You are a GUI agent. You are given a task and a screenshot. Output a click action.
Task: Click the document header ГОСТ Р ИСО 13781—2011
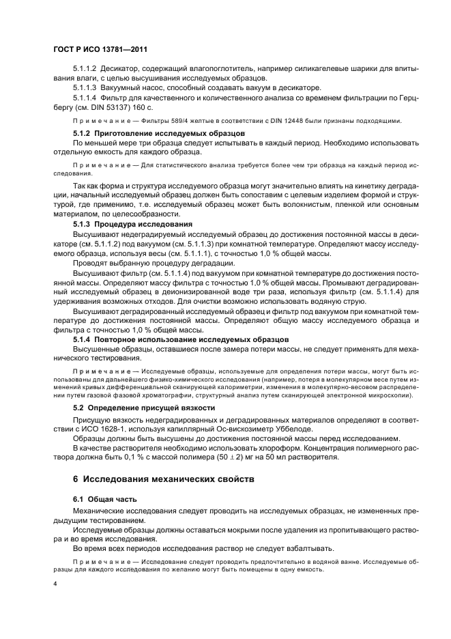(100, 51)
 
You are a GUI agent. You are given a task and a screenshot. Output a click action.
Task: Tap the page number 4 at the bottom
(55, 584)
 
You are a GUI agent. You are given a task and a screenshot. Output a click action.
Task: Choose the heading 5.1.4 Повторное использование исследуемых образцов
(181, 339)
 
